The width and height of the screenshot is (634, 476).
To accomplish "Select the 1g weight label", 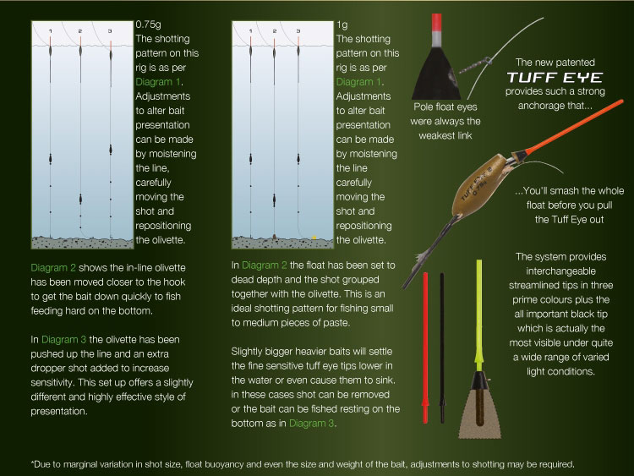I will pos(342,25).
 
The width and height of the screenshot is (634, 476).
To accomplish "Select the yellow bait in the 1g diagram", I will pos(314,236).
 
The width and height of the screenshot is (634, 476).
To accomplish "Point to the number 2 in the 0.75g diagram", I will pos(79,31).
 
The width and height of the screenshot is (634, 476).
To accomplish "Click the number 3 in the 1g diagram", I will pos(310,31).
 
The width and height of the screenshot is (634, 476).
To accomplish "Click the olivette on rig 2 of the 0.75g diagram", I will pos(79,200).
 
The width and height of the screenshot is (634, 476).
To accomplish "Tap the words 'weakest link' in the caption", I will pos(443,134).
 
